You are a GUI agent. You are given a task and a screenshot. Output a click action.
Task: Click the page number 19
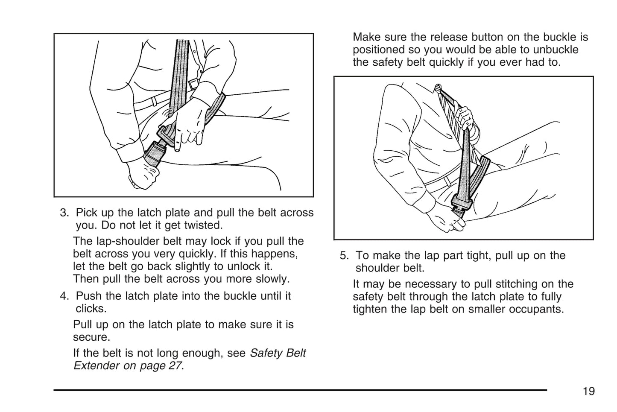[x=588, y=391]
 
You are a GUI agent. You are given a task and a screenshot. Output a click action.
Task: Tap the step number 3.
[x=64, y=213]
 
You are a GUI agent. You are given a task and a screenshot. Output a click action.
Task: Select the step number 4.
[x=64, y=296]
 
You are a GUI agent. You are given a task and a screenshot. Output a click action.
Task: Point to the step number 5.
[x=344, y=256]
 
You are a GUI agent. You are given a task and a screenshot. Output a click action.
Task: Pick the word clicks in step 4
[x=90, y=308]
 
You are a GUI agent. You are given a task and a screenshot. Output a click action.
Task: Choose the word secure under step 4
[x=91, y=337]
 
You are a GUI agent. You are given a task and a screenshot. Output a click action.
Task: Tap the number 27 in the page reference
[x=174, y=366]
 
